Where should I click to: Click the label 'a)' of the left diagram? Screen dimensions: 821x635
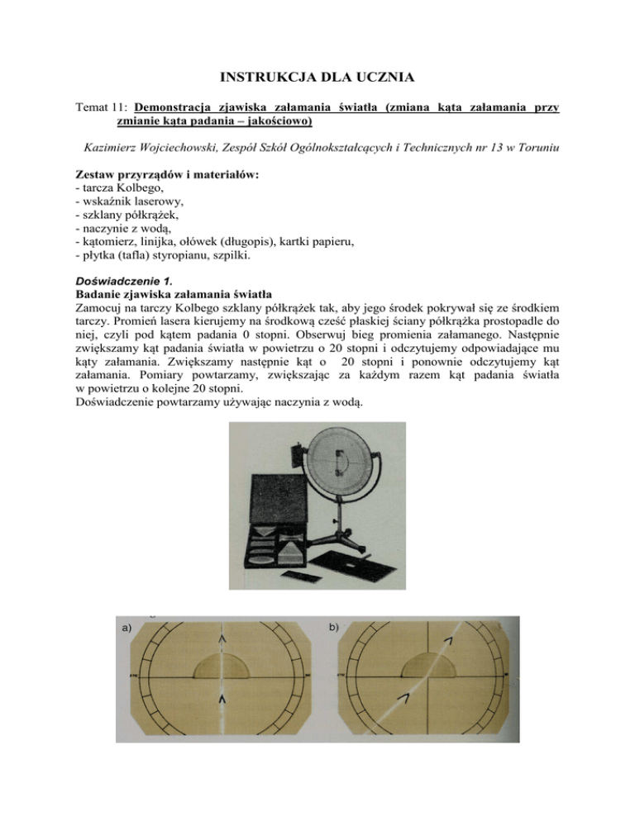point(127,629)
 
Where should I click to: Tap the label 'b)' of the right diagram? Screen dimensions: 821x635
point(333,628)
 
